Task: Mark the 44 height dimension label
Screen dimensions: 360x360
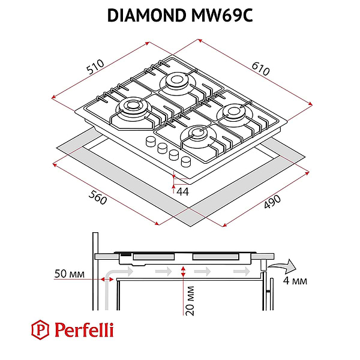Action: tap(182, 191)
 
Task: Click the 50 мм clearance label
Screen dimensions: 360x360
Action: tap(68, 274)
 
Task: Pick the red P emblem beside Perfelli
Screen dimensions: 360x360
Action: tap(40, 329)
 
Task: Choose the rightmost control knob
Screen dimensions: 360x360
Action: tap(185, 160)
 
